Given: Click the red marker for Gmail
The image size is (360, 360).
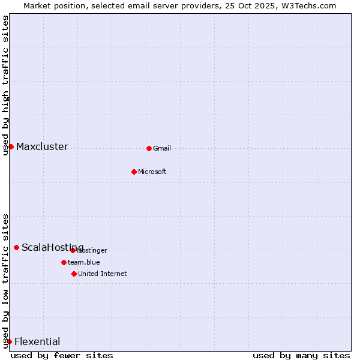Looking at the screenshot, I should (x=149, y=148).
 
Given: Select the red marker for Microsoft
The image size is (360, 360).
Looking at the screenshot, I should (x=134, y=172).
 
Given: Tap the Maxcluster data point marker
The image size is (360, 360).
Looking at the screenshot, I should (x=11, y=146).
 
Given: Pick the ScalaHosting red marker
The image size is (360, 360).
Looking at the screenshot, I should (x=16, y=247).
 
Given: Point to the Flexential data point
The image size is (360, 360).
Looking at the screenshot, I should (x=9, y=341).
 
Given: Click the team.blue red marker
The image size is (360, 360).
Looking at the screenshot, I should (x=64, y=262).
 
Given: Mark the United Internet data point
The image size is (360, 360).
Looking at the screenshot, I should (x=74, y=274).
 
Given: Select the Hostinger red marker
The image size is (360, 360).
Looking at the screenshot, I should (x=73, y=250).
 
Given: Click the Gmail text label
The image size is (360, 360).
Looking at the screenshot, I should (x=162, y=148).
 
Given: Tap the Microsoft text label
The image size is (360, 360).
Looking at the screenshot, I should (x=152, y=172).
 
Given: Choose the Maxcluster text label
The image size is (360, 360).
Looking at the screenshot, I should (x=42, y=146).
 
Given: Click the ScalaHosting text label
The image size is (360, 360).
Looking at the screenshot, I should (x=52, y=247).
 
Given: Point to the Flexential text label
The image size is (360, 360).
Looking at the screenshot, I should (x=37, y=341).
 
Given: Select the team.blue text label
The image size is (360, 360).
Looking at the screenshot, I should (x=84, y=262).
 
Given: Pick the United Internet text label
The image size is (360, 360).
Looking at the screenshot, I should (x=103, y=274).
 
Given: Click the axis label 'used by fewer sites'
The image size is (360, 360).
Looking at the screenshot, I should (x=62, y=355).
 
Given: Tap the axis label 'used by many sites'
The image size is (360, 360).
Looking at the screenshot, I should (x=301, y=355).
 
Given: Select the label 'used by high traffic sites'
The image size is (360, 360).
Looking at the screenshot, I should (x=5, y=85).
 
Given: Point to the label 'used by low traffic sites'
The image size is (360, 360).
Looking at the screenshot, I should (x=5, y=280).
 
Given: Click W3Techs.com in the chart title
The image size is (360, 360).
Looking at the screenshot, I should (x=308, y=5).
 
